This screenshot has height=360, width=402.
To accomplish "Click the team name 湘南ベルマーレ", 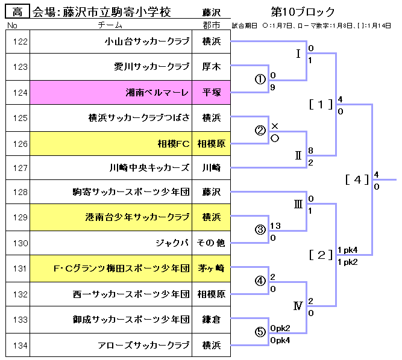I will (x=157, y=93).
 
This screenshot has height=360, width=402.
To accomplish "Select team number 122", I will (x=19, y=42).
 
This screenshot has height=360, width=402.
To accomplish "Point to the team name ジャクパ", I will (x=172, y=243).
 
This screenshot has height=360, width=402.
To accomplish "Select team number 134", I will (x=19, y=345).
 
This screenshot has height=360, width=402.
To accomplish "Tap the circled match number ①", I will (x=261, y=80).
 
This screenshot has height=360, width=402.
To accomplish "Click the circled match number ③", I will (x=261, y=230).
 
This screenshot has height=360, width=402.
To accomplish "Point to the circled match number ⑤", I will (x=261, y=332).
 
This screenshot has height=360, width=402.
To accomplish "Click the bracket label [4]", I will (x=357, y=179).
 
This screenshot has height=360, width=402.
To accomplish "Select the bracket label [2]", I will (x=321, y=254).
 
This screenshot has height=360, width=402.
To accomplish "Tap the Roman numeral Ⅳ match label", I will (x=298, y=306).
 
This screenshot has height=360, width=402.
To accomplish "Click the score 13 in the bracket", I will (x=276, y=225).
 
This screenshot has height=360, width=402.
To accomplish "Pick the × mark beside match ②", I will (x=275, y=126).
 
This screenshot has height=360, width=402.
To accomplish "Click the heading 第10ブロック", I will (x=303, y=12).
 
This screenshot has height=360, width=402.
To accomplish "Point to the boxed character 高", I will (x=17, y=12).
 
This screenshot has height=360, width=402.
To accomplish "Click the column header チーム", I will (x=110, y=25).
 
